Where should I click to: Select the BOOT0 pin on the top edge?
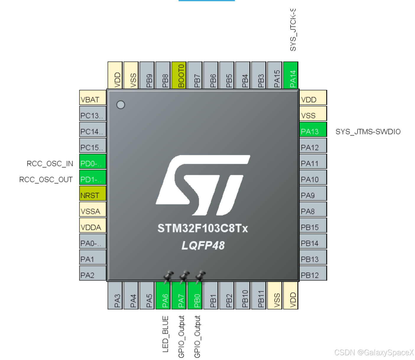coord(179,75)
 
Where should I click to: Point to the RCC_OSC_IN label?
coord(50,164)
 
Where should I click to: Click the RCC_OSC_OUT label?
coord(46,180)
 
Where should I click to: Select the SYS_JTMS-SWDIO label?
coord(368,132)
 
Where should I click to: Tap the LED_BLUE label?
coord(166,334)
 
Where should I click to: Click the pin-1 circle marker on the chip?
coord(121,105)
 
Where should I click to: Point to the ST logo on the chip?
coord(203,185)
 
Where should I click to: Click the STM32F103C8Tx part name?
coord(202,228)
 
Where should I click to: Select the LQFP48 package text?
coord(203,245)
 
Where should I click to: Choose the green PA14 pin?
coord(291,75)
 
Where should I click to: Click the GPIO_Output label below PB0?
coord(197,336)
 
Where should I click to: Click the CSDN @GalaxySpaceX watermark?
coord(374,352)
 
